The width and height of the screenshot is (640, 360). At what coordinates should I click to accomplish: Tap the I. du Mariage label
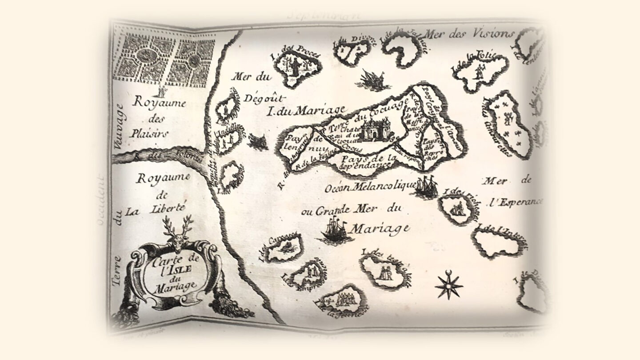[x=306, y=109]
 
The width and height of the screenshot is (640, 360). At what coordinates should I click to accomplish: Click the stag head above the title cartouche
[x=177, y=232]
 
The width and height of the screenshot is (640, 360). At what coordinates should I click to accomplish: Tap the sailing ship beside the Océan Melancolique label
[x=426, y=186]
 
